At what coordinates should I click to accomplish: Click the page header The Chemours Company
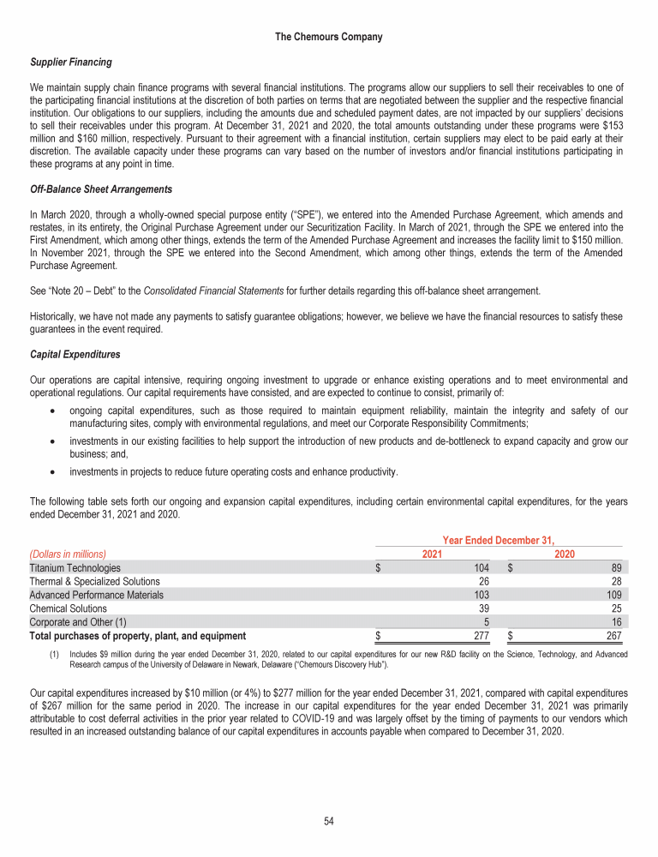[x=328, y=37]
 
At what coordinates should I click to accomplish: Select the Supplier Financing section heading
[x=70, y=63]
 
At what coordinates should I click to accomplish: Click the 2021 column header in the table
[x=434, y=554]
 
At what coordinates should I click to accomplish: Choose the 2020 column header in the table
[x=565, y=554]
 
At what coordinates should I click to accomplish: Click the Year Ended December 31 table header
[x=499, y=540]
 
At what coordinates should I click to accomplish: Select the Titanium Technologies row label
[x=75, y=567]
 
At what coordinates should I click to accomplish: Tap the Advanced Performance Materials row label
[x=96, y=595]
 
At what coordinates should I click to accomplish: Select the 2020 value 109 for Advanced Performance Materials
[x=613, y=595]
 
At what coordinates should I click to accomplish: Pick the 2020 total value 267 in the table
[x=613, y=636]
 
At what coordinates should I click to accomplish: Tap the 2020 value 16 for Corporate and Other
[x=616, y=622]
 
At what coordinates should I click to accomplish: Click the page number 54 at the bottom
[x=328, y=821]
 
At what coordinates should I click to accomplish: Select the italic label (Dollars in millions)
[x=73, y=554]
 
